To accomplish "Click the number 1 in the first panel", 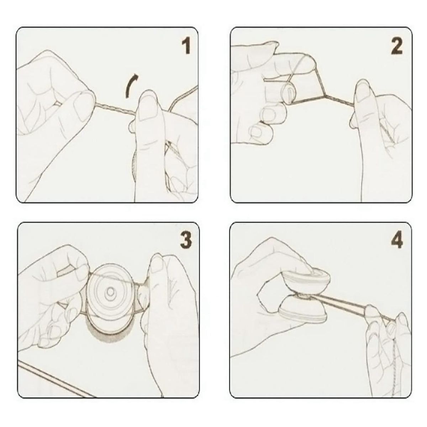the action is (x=186, y=47).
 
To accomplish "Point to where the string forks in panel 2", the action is (x=325, y=95).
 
